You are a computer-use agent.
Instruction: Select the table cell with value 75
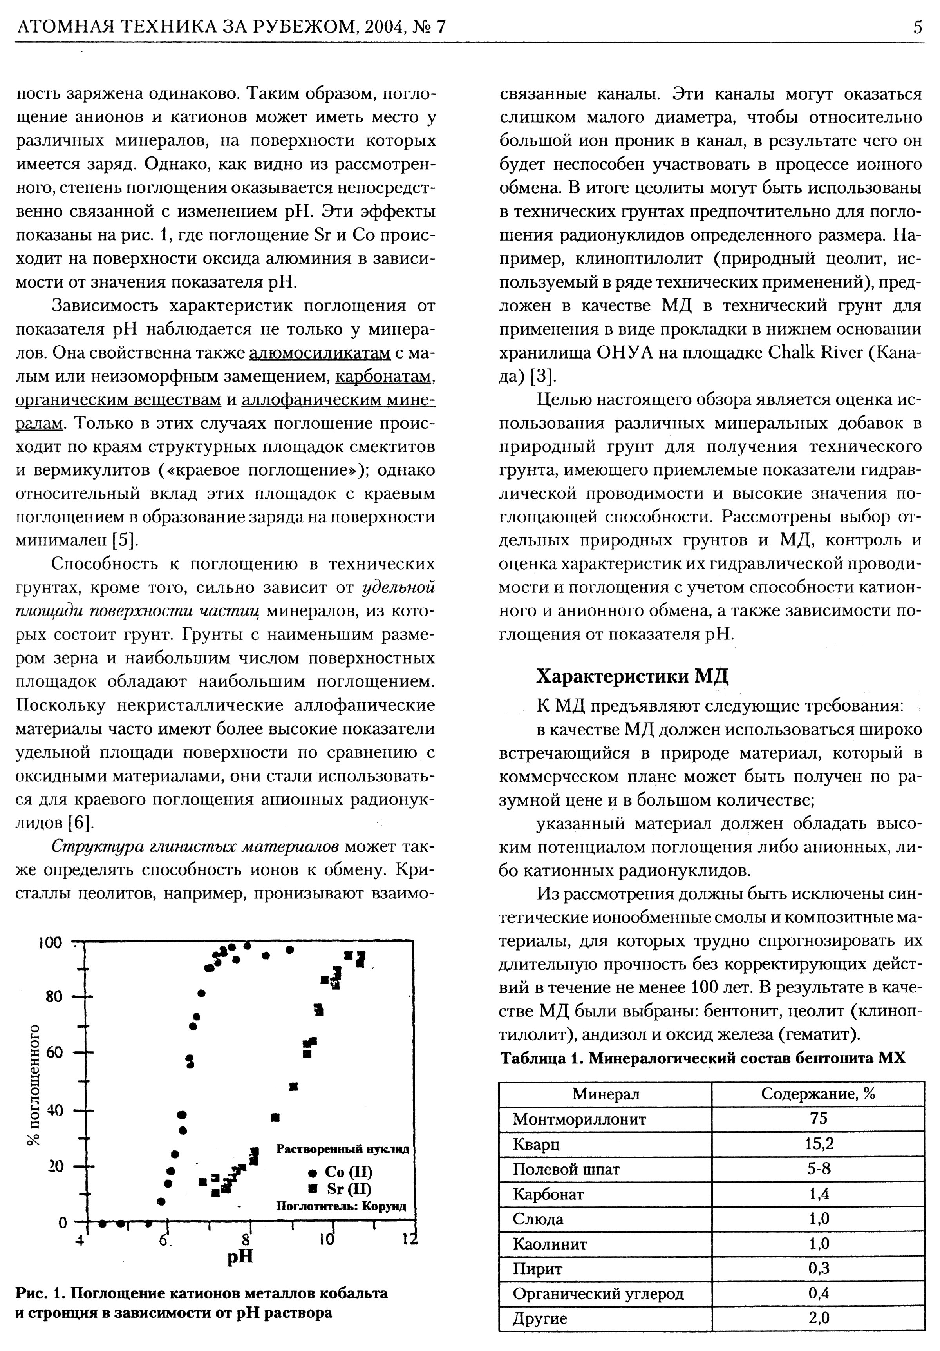pos(818,1119)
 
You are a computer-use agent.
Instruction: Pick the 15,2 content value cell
pos(818,1144)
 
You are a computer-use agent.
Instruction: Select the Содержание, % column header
pos(818,1094)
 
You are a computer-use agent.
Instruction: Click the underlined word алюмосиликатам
pos(320,353)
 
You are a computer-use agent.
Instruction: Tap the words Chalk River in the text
pos(815,353)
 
